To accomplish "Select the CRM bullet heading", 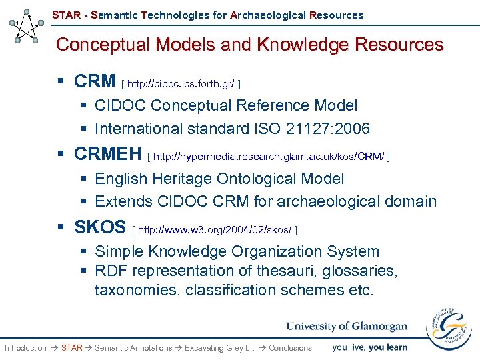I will (x=95, y=81).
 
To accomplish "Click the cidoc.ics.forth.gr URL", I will (x=180, y=84).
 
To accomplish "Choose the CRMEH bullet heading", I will (x=108, y=154).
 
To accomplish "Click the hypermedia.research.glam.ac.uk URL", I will (x=268, y=157).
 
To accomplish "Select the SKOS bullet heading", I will (x=100, y=227).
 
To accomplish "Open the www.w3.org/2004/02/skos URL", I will (x=215, y=230).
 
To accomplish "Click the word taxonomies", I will (x=137, y=290).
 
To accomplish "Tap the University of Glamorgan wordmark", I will (x=347, y=326).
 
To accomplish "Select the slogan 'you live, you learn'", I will (x=369, y=347).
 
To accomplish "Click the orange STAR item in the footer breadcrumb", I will (x=71, y=347).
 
